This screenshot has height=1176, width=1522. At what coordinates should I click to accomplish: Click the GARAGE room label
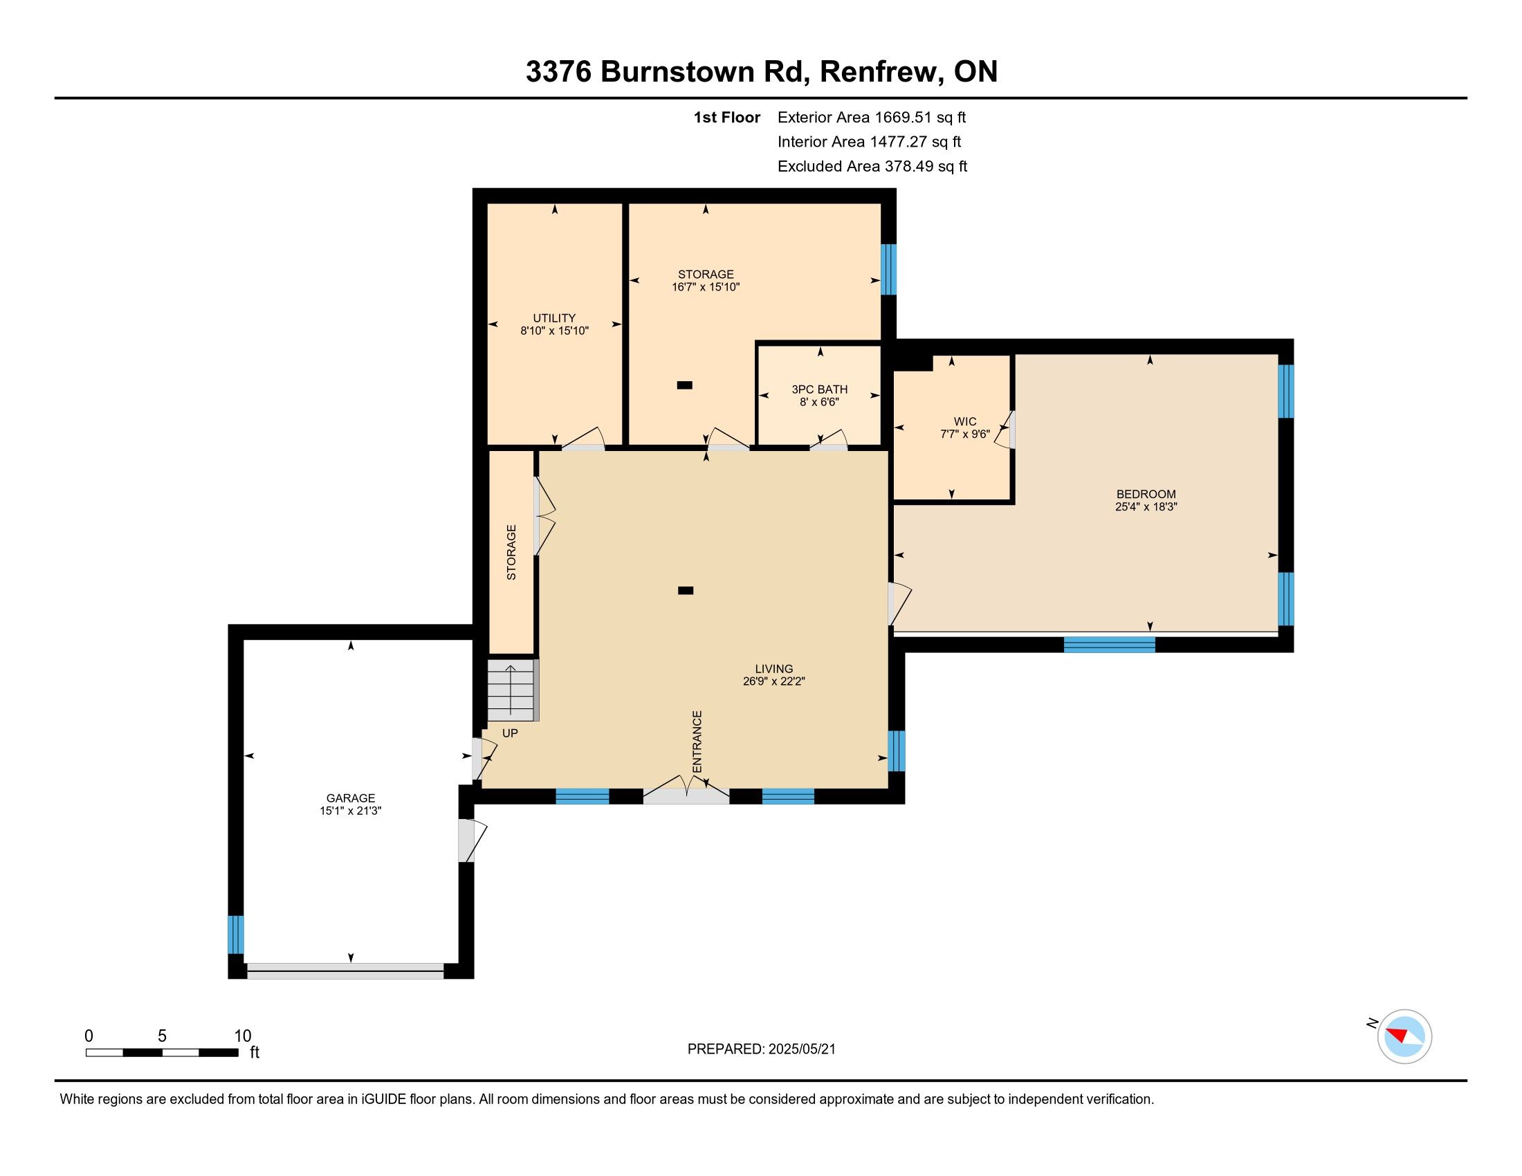tap(351, 798)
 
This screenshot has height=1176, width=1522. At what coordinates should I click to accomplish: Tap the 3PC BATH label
tap(820, 389)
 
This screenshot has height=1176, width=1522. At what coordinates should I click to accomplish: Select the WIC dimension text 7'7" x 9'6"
tap(965, 434)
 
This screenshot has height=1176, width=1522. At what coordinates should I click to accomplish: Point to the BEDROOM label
tap(1146, 495)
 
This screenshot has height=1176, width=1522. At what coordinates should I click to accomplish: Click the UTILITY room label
tap(555, 318)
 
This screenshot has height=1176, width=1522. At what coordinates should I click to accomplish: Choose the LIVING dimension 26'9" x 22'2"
tap(774, 681)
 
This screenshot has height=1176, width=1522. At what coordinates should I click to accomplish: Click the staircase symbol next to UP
tap(512, 690)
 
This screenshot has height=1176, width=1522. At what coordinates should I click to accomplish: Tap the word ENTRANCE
tap(697, 742)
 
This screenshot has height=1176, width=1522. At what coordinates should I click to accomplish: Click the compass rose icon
tap(1404, 1036)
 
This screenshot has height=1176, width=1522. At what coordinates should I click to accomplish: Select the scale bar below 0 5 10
tap(163, 1053)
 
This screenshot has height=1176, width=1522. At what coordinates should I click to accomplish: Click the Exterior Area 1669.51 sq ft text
tap(872, 117)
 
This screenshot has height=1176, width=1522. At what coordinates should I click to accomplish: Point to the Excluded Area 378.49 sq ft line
tap(872, 166)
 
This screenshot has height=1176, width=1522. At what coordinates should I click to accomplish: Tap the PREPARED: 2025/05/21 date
tap(762, 1049)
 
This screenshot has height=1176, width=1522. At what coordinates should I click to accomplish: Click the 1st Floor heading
tap(727, 117)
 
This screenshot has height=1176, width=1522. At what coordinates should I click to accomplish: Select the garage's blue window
tap(237, 935)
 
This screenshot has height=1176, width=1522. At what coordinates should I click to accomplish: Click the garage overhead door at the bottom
tap(346, 971)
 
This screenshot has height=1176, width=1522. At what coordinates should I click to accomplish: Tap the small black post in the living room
tap(686, 591)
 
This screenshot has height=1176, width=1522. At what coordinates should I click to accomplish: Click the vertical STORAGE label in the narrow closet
tap(511, 553)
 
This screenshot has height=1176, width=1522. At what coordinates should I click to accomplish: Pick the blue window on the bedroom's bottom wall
tap(1110, 645)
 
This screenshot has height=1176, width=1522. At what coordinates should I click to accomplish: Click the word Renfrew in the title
tap(878, 72)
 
